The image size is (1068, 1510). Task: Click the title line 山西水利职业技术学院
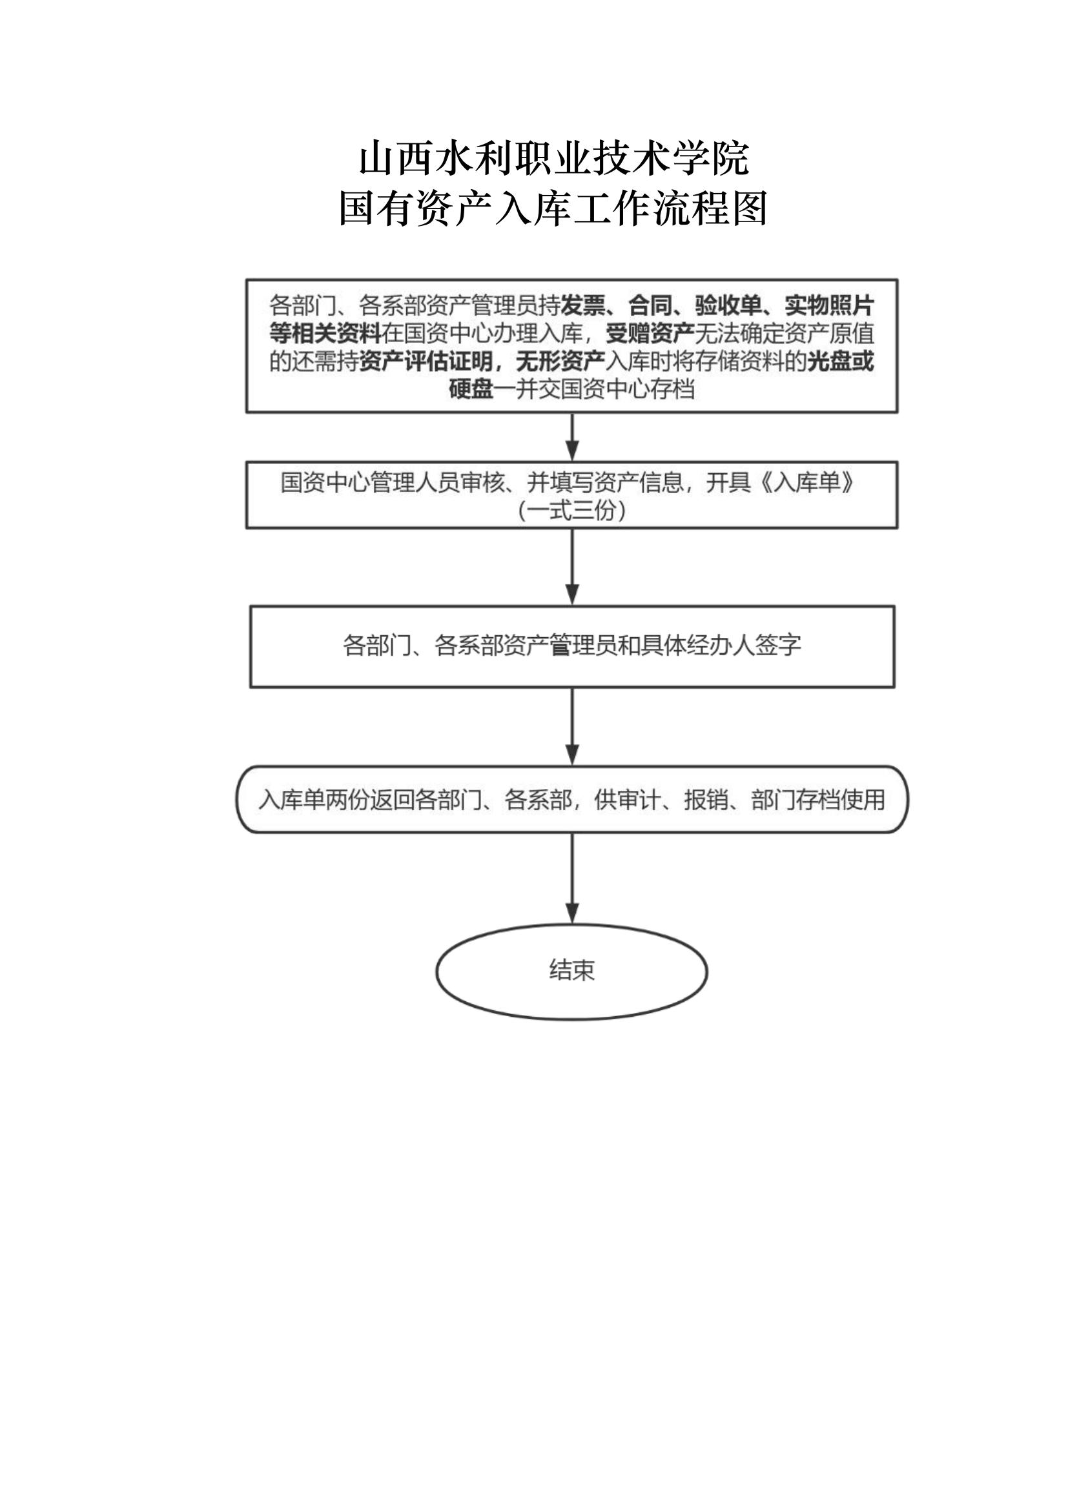point(554,159)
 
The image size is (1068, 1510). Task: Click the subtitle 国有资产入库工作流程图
point(554,209)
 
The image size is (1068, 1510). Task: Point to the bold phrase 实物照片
point(829,306)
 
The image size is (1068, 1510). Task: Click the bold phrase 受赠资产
point(650,334)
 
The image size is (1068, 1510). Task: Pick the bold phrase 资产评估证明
point(426,362)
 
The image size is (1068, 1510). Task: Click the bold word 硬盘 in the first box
point(471,389)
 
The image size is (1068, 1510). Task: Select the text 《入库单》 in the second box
point(808,484)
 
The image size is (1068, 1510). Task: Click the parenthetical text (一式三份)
point(571,511)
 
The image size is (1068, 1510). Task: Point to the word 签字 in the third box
point(779,645)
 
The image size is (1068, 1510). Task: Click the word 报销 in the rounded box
point(706,800)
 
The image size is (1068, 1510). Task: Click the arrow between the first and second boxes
point(572,437)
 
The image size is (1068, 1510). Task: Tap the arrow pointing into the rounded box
point(572,727)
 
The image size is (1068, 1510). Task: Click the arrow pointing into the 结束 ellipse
point(572,879)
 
